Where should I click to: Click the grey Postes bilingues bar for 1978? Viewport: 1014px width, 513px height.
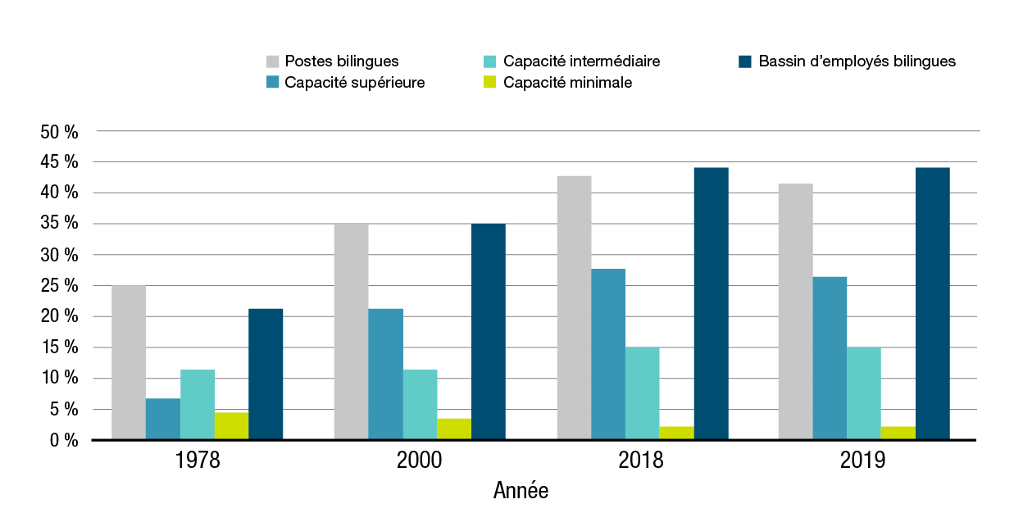pyautogui.click(x=129, y=362)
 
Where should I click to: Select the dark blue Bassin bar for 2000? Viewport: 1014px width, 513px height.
pyautogui.click(x=488, y=331)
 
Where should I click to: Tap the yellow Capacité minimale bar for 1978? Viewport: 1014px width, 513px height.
pyautogui.click(x=231, y=426)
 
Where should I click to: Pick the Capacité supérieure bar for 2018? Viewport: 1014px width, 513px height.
pyautogui.click(x=607, y=354)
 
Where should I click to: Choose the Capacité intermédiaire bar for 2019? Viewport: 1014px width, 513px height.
pyautogui.click(x=864, y=393)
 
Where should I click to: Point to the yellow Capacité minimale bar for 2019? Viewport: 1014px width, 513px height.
pyautogui.click(x=898, y=433)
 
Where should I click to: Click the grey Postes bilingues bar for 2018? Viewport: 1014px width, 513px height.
pyautogui.click(x=574, y=307)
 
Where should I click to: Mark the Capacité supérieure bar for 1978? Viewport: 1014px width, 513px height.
pyautogui.click(x=163, y=419)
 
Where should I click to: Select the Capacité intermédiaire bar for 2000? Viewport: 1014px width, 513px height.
pyautogui.click(x=420, y=404)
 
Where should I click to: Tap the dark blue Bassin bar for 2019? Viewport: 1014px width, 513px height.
pyautogui.click(x=933, y=303)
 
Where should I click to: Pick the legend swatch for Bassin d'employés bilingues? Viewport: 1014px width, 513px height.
pyautogui.click(x=745, y=61)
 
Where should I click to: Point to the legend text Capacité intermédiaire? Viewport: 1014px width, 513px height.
pyautogui.click(x=581, y=61)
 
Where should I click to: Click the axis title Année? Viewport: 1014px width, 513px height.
pyautogui.click(x=521, y=491)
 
